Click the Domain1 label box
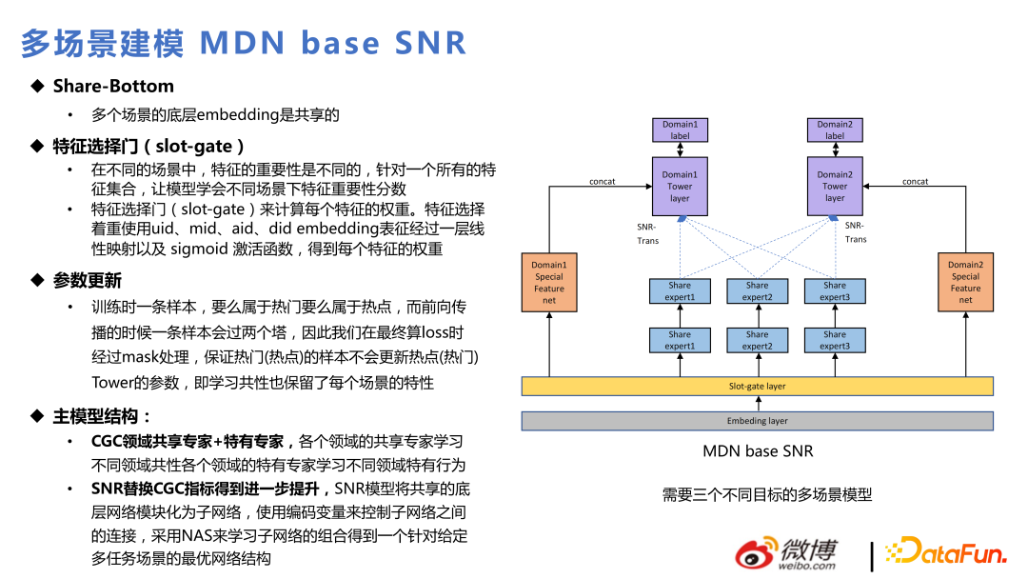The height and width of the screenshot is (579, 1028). point(680,130)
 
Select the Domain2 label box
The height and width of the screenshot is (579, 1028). point(835,130)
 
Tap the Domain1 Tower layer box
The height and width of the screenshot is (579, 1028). point(680,186)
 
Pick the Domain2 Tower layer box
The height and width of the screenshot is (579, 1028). point(835,186)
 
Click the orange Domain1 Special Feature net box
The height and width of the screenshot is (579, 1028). point(549,282)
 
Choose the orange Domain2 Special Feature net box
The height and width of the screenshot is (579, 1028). point(965,282)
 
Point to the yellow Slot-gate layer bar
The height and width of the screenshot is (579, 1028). point(757,387)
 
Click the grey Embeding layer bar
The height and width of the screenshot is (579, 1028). point(757,421)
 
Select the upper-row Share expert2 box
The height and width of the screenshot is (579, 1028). point(758,290)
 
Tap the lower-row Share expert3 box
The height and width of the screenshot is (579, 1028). point(835,340)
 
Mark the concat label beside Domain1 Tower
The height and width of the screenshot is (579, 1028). point(603,181)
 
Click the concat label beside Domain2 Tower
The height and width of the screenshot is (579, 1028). point(915,181)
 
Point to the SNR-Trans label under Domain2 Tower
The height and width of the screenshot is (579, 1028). point(856,232)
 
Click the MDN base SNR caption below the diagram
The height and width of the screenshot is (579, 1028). point(758,451)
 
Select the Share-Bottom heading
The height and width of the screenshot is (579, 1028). point(113,87)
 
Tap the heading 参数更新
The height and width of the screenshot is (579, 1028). point(88,281)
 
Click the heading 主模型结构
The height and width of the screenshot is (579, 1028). point(103,416)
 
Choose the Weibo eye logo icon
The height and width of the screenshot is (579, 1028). point(757,554)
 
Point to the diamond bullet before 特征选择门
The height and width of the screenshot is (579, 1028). point(37,146)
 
